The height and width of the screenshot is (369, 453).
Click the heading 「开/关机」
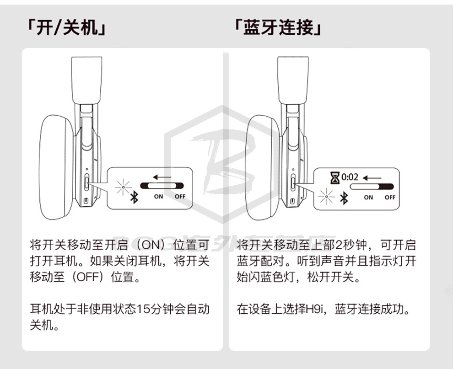coord(66,28)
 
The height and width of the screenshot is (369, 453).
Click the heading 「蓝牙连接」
coord(278,28)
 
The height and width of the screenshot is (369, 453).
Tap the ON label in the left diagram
coord(158,197)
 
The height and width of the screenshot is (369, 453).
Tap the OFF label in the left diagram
coord(180,197)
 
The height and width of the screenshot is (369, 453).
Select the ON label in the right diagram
coord(368,198)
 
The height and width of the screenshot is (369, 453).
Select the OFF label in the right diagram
coord(390,198)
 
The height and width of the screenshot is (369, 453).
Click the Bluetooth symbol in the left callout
coord(134,198)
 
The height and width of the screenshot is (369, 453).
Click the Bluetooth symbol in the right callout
coord(344,198)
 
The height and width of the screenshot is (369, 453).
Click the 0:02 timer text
coord(350,177)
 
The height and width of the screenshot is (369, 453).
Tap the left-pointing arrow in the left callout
coord(162,177)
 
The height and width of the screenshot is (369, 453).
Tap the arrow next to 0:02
coord(372,178)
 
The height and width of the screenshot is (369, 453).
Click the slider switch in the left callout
coord(162,186)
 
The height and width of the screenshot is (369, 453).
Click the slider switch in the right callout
coord(372,187)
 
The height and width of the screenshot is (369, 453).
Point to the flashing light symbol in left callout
coord(124,187)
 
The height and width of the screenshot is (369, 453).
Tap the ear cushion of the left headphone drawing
coord(56,167)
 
